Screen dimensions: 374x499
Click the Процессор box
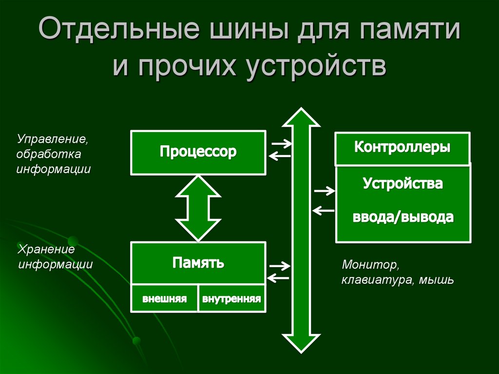coord(198,152)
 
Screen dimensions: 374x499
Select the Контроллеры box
coord(402,147)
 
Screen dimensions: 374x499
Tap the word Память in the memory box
coord(198,263)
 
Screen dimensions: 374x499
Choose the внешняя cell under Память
coord(164,298)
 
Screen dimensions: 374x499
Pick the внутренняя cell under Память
coord(232,298)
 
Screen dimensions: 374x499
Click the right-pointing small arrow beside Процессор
coord(281,143)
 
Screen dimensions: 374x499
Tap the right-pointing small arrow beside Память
coord(280,266)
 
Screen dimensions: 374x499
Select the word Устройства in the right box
coord(403,184)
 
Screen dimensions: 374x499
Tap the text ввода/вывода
coord(403,217)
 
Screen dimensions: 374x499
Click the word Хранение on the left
coord(46,250)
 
